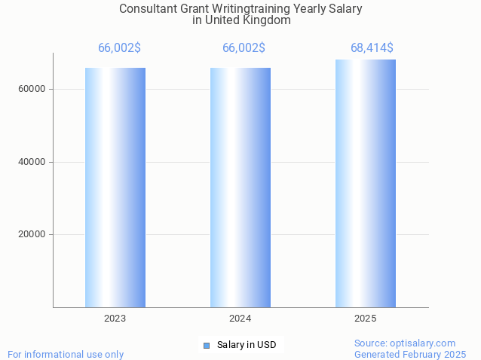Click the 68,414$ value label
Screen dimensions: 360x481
(x=372, y=48)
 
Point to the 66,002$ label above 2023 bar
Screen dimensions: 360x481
(x=119, y=48)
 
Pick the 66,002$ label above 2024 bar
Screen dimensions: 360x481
(x=244, y=48)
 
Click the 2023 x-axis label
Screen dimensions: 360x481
(x=115, y=319)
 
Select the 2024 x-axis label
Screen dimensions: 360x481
(x=240, y=319)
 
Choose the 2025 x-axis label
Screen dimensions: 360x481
(x=366, y=319)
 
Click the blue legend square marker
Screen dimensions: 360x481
(x=206, y=345)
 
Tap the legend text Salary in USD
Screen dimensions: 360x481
(x=247, y=345)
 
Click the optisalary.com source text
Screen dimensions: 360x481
(x=405, y=343)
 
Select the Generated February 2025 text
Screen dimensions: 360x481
(x=410, y=354)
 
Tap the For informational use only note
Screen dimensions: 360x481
(x=66, y=354)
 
